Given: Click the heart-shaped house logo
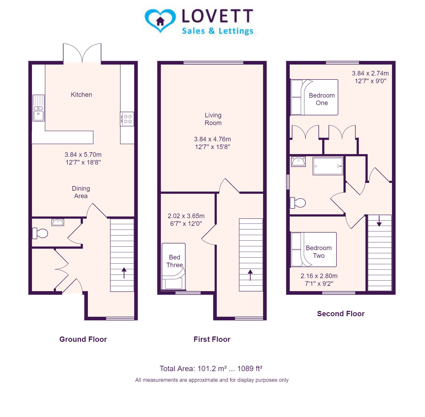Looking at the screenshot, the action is (160, 21).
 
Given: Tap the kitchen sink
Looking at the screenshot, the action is (39, 108).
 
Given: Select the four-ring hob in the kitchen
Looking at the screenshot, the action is (127, 119).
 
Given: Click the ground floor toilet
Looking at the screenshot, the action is (40, 233).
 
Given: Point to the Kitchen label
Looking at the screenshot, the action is (81, 95).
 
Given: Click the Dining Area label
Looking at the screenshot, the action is (81, 192).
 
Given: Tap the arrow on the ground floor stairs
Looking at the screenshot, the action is (124, 273).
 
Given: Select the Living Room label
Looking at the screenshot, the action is (213, 119).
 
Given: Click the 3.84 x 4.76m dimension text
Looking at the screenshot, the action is (213, 139).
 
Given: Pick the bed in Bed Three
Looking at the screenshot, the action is (174, 267).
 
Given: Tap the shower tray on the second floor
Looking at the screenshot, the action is (328, 166).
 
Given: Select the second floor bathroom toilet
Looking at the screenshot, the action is (298, 203).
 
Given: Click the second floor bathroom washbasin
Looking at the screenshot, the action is (298, 162).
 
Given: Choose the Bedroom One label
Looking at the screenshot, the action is (322, 99).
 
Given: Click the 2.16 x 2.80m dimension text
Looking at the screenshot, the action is (319, 276).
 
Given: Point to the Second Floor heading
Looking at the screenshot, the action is (341, 314).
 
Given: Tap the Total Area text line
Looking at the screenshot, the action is (211, 368).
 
